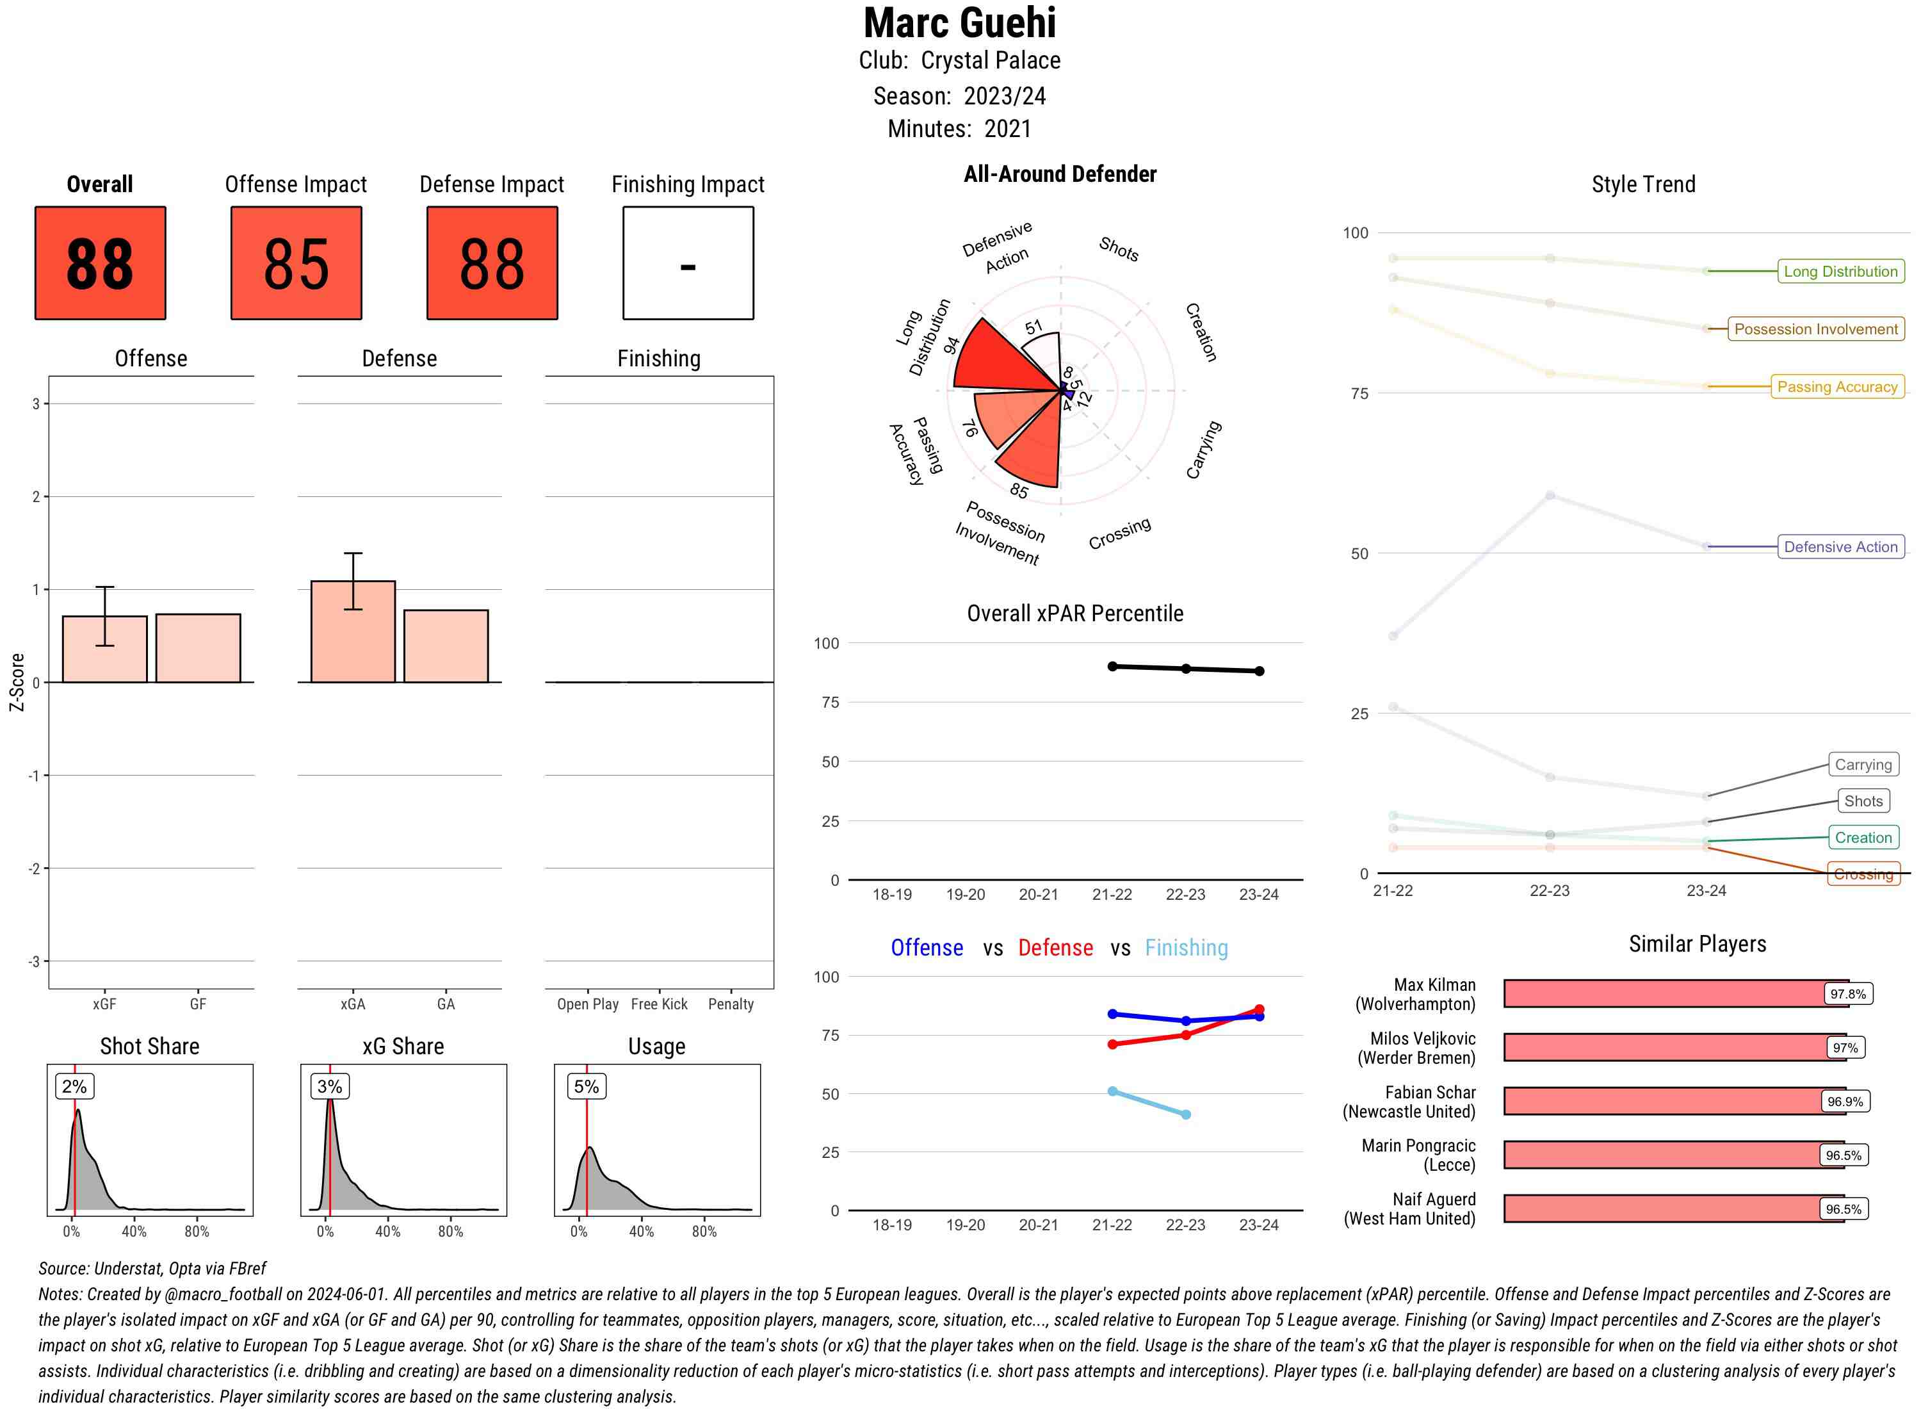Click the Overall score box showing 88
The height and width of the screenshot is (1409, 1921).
(x=100, y=263)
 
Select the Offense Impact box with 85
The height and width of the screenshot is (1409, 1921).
(x=296, y=263)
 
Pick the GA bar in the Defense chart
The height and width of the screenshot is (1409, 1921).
(x=446, y=646)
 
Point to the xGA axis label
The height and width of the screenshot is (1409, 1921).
(x=352, y=1004)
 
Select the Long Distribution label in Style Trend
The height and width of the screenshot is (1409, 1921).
(x=1840, y=271)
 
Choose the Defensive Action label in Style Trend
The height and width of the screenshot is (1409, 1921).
(x=1840, y=547)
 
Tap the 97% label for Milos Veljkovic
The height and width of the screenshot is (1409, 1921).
(x=1844, y=1047)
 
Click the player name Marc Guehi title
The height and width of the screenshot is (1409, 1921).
(x=959, y=23)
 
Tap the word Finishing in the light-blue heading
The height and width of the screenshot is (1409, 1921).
(x=1186, y=948)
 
